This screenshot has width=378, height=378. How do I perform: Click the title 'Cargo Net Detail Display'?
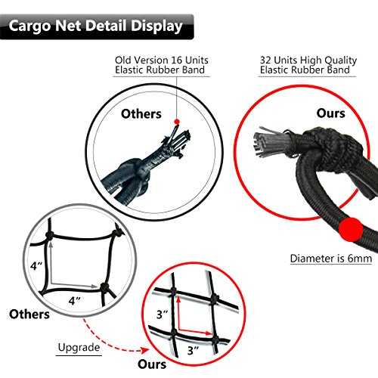(x=95, y=26)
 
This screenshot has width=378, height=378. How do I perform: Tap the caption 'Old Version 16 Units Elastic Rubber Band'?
(x=162, y=65)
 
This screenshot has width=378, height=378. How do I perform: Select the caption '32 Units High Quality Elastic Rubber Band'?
(x=308, y=65)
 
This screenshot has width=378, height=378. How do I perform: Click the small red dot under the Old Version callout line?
(x=177, y=122)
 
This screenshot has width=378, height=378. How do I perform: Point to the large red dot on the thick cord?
(x=351, y=230)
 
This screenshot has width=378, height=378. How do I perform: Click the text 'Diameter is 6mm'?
(x=331, y=259)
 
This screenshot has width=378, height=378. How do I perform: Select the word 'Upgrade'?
(x=79, y=348)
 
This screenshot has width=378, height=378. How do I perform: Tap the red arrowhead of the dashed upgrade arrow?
(x=144, y=350)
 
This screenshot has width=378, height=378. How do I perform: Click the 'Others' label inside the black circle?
(x=141, y=114)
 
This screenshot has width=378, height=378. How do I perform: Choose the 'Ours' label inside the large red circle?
(x=330, y=113)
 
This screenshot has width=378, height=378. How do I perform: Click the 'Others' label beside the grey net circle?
(x=29, y=314)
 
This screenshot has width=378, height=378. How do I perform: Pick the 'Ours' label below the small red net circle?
(x=152, y=364)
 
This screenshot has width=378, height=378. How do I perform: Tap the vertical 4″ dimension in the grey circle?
(x=36, y=266)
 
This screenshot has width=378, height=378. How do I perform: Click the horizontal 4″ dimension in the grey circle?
(x=75, y=301)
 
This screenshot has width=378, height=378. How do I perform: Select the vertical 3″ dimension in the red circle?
(x=162, y=314)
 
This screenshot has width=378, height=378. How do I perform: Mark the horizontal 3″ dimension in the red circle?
(x=193, y=350)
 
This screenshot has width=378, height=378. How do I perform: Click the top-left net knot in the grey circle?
(x=49, y=235)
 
